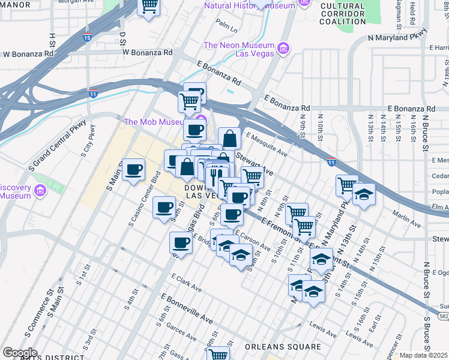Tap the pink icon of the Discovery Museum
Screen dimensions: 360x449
coord(41,191)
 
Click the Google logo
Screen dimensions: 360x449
coord(20,353)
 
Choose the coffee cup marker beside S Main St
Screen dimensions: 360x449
coord(133,169)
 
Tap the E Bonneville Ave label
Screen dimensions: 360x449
coord(187,307)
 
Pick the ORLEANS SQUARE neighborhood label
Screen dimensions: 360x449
coord(283,347)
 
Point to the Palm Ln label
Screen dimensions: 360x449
coord(226,27)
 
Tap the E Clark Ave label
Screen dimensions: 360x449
coord(186,283)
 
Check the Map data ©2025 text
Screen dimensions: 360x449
coord(424,355)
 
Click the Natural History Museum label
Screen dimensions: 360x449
coord(249,5)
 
